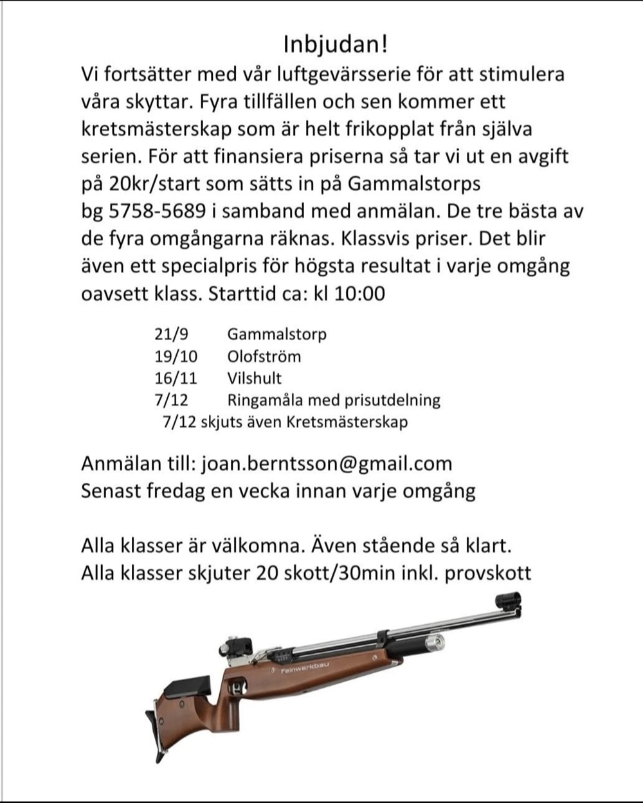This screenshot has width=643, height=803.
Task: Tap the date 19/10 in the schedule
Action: click(x=176, y=356)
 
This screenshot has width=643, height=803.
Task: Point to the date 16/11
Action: click(x=176, y=378)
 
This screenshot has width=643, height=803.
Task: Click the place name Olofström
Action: click(x=264, y=356)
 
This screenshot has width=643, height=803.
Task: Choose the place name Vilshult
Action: click(x=254, y=378)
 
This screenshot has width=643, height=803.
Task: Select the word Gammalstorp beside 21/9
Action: click(x=276, y=334)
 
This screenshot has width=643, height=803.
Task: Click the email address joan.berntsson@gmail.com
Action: click(x=327, y=464)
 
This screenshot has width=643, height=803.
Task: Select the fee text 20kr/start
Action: click(x=153, y=184)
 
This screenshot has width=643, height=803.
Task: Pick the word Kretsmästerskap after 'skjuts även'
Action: click(x=347, y=422)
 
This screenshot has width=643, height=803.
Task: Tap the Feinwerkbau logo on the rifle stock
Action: click(x=305, y=669)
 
